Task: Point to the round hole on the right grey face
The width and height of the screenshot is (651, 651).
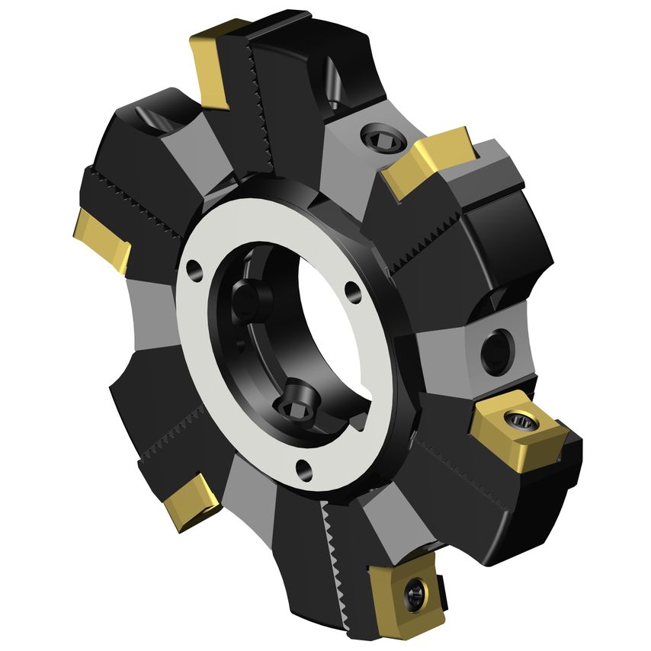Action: [496, 350]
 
